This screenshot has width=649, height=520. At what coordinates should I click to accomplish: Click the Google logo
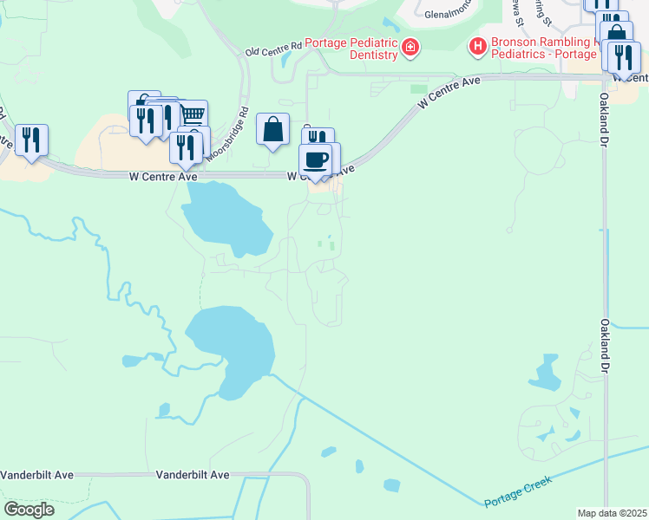[29, 509]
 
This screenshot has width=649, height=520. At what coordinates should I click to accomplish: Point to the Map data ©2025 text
[611, 513]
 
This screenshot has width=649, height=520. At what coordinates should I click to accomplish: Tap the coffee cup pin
[316, 159]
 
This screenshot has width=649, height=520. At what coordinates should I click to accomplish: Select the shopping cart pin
[193, 114]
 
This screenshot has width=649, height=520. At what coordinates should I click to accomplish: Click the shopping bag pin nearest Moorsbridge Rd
[272, 129]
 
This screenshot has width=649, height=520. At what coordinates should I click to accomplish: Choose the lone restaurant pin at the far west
[31, 140]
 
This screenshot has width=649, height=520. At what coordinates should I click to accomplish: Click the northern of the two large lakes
[226, 220]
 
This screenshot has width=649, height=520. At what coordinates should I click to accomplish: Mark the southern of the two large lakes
[233, 347]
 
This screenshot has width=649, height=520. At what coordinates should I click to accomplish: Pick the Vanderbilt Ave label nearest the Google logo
[37, 475]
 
